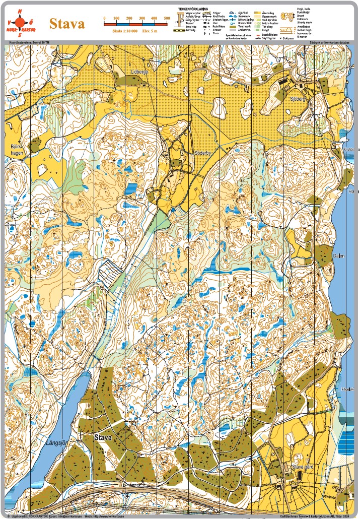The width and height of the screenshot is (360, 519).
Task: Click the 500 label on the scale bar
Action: tap(167, 18)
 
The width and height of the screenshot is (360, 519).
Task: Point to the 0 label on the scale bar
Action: tap(104, 18)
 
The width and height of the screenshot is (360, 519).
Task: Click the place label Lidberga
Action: tap(139, 72)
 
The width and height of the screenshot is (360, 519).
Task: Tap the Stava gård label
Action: tap(303, 467)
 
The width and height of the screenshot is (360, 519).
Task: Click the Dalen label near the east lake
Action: tap(338, 256)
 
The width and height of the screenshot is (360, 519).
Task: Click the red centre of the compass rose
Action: tap(20, 23)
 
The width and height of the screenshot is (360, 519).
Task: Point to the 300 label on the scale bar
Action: tap(141, 18)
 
